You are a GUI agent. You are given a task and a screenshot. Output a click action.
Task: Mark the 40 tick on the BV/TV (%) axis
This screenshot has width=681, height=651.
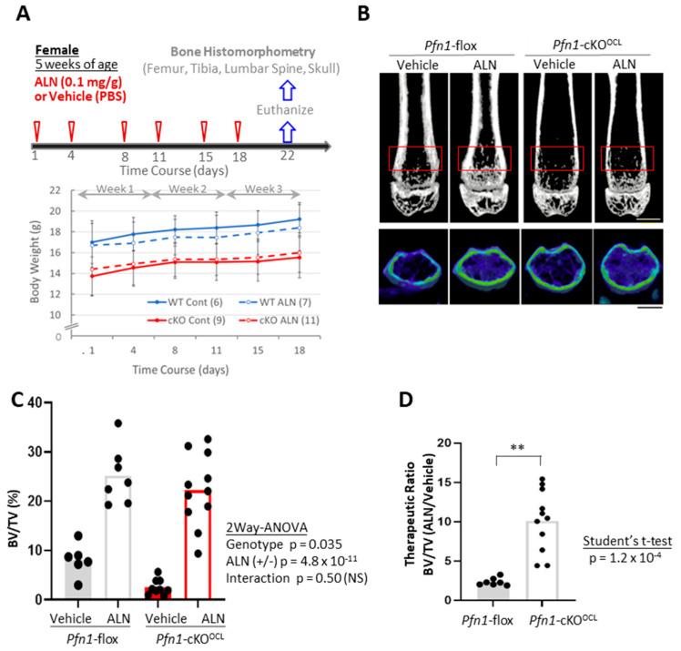point(42,402)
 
